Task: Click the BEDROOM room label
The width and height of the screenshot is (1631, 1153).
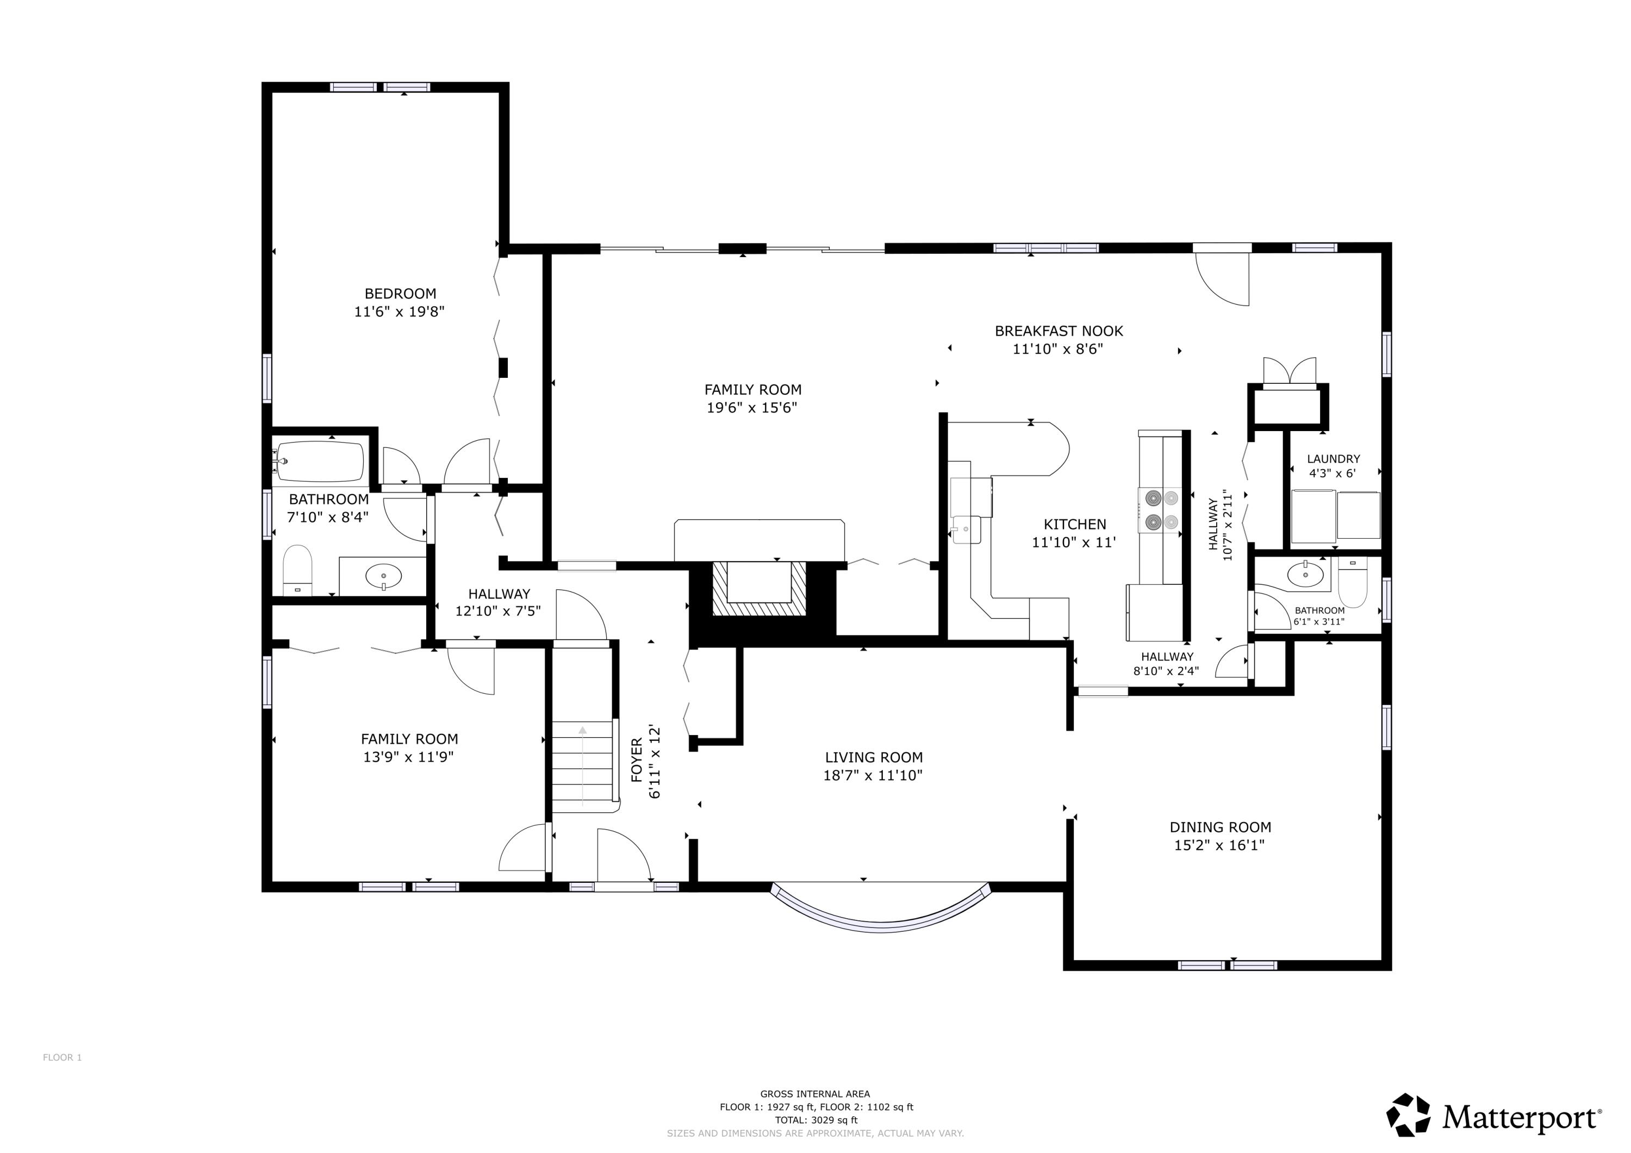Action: point(400,294)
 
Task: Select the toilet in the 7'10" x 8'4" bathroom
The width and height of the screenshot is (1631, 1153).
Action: point(297,568)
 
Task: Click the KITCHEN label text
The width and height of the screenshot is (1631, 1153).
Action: point(1074,524)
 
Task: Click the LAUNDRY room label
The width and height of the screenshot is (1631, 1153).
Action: point(1334,459)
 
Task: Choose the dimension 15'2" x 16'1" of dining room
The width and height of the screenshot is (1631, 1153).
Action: point(1219,845)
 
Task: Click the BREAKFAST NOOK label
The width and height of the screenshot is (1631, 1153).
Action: point(1059,331)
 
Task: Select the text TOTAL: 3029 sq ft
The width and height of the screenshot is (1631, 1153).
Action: point(815,1120)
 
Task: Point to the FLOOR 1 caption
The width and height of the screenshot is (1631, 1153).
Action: point(63,1058)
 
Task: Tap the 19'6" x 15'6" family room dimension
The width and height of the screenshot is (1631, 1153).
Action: point(752,408)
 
